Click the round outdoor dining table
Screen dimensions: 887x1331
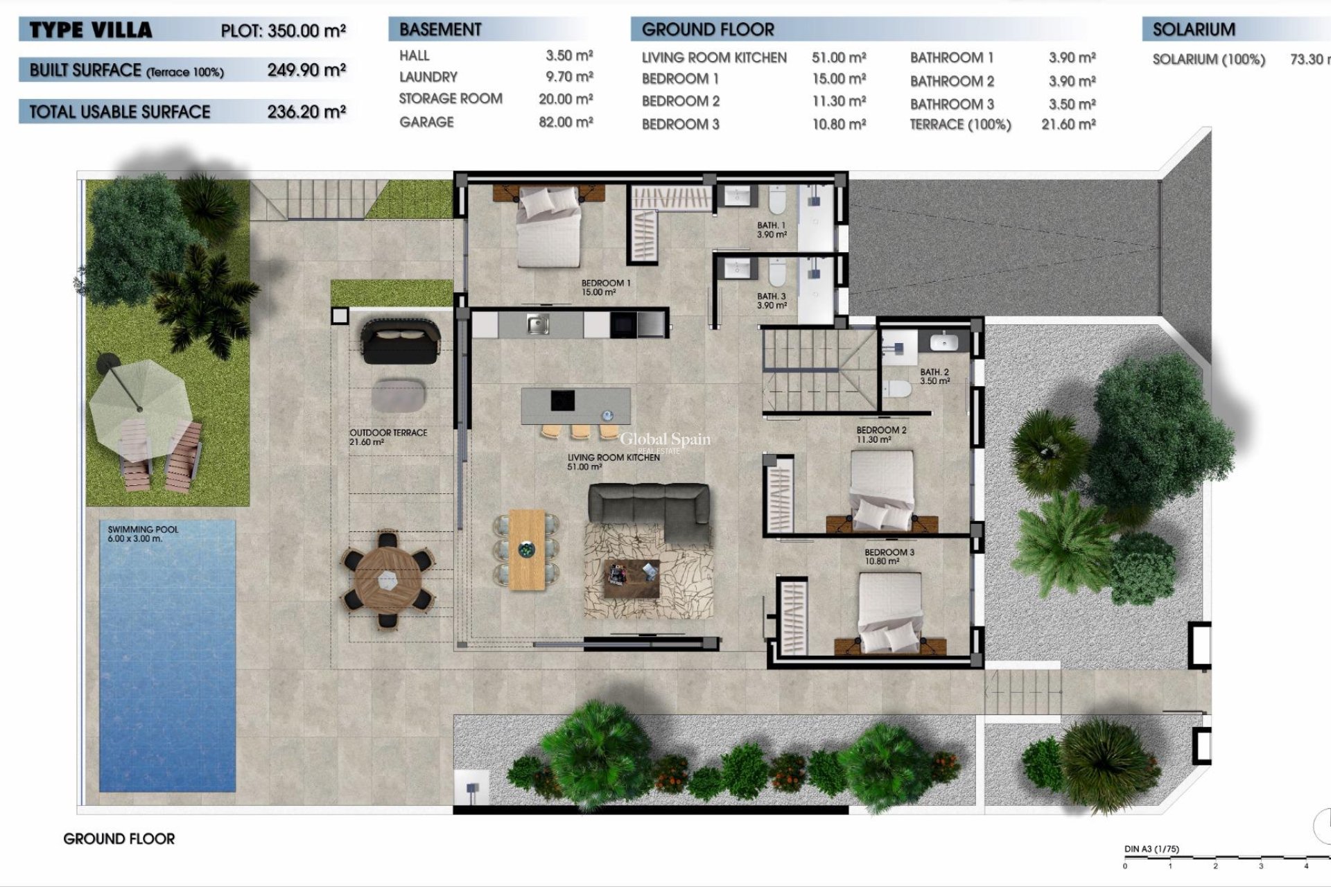tap(388, 579)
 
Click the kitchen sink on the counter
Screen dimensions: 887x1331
tap(537, 324)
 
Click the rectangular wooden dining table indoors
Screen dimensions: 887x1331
tap(527, 550)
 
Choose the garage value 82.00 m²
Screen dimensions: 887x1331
tap(566, 122)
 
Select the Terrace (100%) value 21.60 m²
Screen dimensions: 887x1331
tap(1068, 125)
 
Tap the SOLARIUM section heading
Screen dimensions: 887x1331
tap(1194, 30)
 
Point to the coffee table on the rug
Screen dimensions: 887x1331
tap(631, 579)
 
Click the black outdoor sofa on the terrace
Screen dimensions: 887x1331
tap(401, 340)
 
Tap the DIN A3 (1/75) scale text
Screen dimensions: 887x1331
tap(1151, 849)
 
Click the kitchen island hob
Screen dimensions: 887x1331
tap(562, 401)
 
